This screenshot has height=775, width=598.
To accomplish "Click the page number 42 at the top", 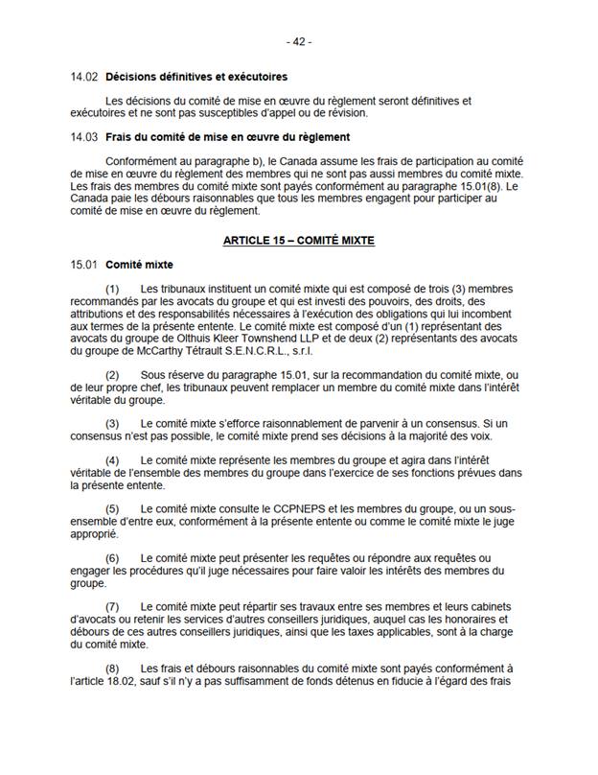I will click(x=299, y=42).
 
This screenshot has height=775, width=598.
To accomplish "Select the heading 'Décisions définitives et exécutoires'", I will click(x=196, y=77).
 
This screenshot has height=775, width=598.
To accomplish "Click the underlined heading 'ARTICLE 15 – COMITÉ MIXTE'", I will click(x=298, y=241).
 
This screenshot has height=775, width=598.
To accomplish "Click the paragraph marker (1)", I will click(x=112, y=289).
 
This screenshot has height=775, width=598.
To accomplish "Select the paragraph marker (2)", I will click(x=112, y=375).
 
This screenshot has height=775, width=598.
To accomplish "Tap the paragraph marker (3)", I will click(x=112, y=423).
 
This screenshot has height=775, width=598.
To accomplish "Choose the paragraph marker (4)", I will click(x=112, y=460).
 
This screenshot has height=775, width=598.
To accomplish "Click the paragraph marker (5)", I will click(x=112, y=508).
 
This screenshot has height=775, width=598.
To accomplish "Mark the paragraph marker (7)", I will click(x=112, y=607).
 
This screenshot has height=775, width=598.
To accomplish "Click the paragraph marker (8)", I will click(x=112, y=669).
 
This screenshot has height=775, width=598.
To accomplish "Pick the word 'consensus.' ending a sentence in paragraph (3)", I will click(x=473, y=423).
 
